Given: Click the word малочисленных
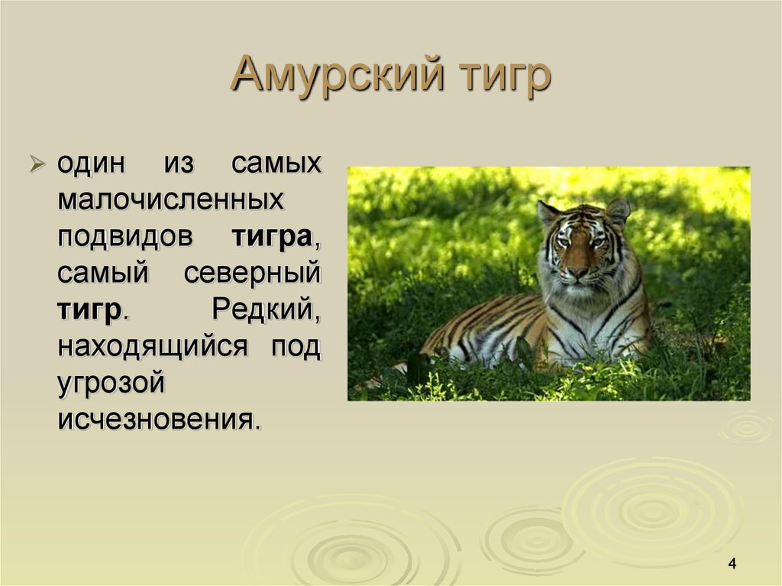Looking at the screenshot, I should (170, 200).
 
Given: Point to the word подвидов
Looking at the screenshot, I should (124, 236).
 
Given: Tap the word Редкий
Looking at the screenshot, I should (266, 309).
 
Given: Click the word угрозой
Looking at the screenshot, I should (111, 382).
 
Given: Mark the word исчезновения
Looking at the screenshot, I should (159, 419).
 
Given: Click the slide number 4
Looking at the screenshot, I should (732, 564).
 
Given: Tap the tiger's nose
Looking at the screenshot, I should (578, 271).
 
